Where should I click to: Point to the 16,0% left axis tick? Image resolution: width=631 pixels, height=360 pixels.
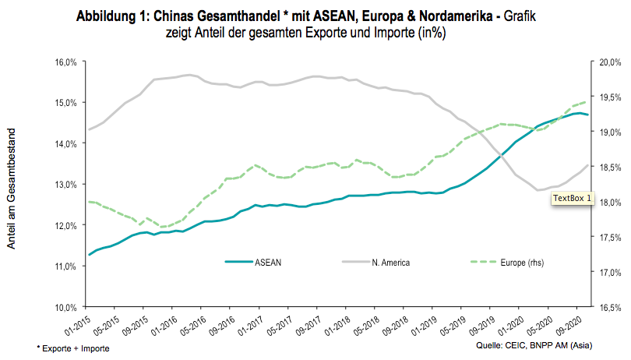click(65, 62)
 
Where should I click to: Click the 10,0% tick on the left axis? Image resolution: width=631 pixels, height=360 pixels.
click(65, 306)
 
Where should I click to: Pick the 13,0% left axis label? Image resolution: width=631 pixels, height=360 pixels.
click(65, 184)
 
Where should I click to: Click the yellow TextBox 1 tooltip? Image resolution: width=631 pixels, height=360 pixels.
click(573, 199)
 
